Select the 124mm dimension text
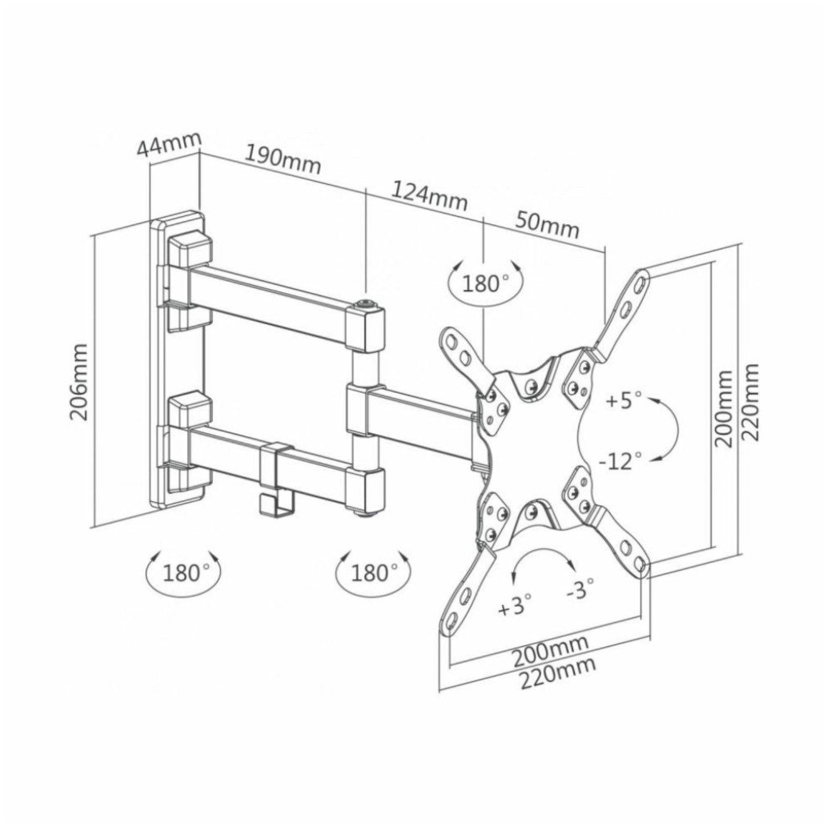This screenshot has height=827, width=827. [429, 195]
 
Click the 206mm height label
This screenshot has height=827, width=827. [78, 382]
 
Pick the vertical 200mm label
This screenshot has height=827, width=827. [723, 408]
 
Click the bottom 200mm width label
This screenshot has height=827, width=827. [550, 650]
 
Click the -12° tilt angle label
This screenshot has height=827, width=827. [620, 460]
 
